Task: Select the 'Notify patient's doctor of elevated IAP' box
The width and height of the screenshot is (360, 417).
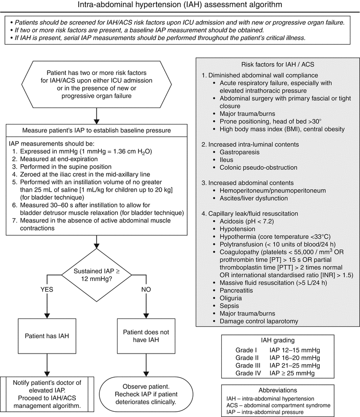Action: (x=47, y=393)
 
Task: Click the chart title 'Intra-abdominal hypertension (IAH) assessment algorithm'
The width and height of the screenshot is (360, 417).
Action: (x=180, y=6)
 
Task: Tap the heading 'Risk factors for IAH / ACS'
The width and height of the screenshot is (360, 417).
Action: (x=277, y=64)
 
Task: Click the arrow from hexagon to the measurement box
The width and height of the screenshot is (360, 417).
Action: (x=97, y=114)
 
